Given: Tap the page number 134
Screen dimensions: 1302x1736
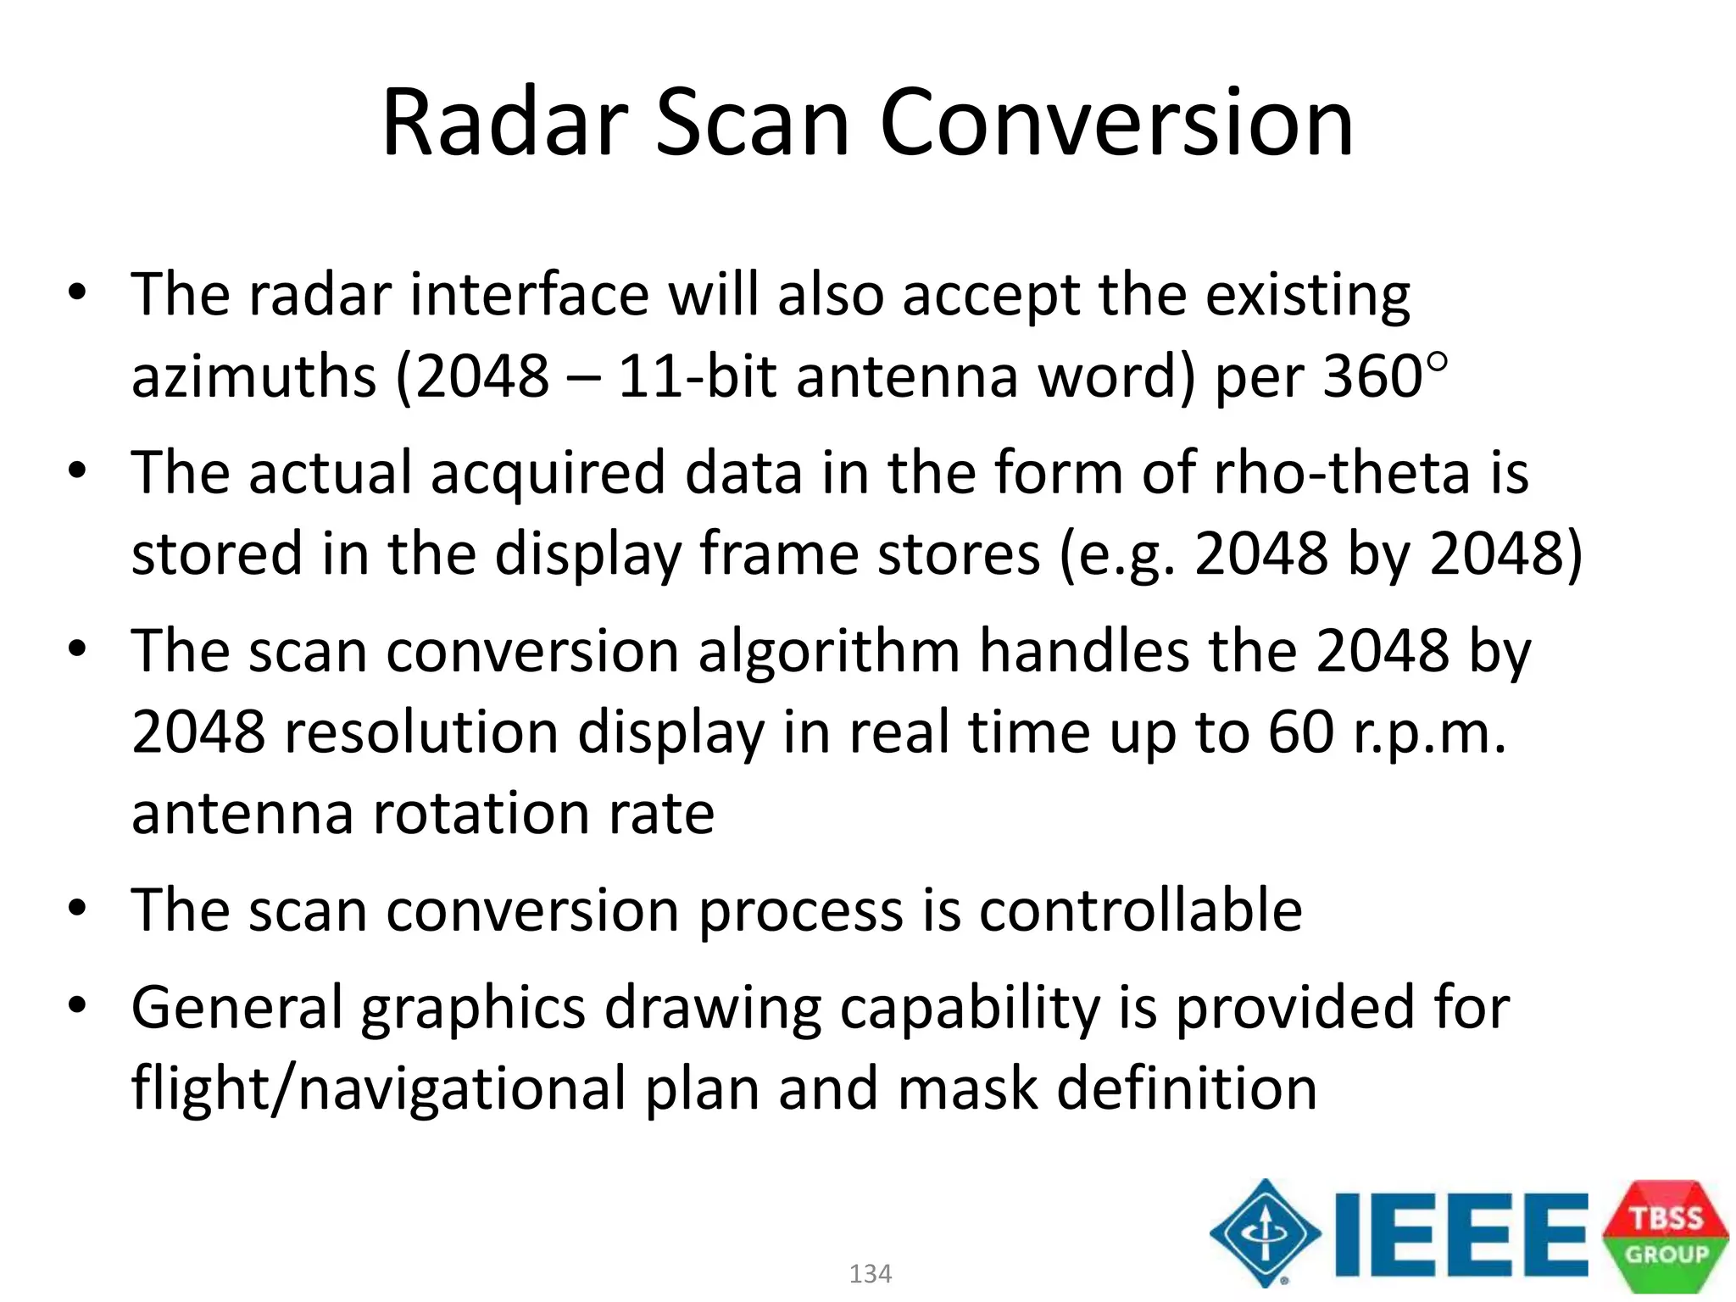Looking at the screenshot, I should pyautogui.click(x=870, y=1273).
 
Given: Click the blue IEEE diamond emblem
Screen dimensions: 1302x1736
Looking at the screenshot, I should pyautogui.click(x=1265, y=1233).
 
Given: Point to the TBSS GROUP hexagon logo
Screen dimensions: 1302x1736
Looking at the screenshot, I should pyautogui.click(x=1665, y=1236).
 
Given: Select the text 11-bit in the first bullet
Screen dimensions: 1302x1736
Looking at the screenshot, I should pyautogui.click(x=697, y=376).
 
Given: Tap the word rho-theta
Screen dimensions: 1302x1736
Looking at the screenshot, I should pyautogui.click(x=1342, y=473).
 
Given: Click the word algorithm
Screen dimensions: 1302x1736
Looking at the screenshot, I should pyautogui.click(x=828, y=652).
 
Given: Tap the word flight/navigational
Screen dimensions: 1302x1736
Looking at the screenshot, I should pyautogui.click(x=378, y=1089).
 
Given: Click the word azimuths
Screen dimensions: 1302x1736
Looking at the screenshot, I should pyautogui.click(x=253, y=376).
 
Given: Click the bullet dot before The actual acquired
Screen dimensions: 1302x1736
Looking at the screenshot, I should pyautogui.click(x=77, y=470).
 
